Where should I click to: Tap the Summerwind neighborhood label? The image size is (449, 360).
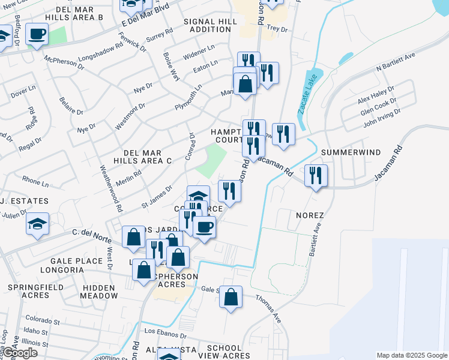tap(351, 152)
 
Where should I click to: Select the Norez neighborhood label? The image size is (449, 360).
tap(310, 215)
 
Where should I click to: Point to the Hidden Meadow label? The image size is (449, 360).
tap(98, 292)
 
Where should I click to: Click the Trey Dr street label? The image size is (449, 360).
tap(277, 28)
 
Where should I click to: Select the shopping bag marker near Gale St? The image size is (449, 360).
tap(231, 296)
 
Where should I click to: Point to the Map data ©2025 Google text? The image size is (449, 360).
tap(411, 355)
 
